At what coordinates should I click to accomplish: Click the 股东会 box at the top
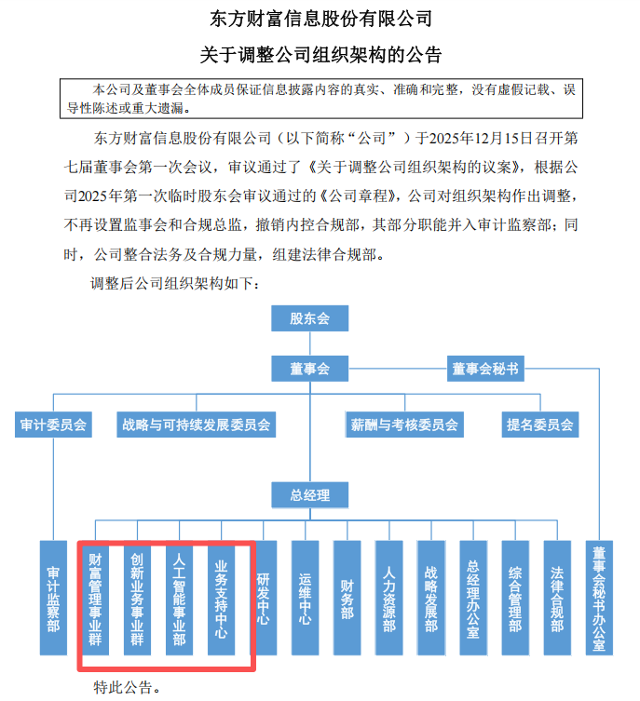(x=310, y=318)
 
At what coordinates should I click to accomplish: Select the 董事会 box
(x=310, y=369)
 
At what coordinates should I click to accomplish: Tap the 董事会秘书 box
(x=485, y=369)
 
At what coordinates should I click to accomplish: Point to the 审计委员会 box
(x=53, y=425)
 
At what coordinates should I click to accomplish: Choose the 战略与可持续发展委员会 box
(x=196, y=425)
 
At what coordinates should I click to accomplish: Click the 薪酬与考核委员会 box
(x=404, y=425)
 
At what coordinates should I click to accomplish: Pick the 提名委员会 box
(x=540, y=425)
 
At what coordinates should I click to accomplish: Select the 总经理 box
(x=310, y=495)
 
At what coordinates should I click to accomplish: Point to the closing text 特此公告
(x=126, y=688)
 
